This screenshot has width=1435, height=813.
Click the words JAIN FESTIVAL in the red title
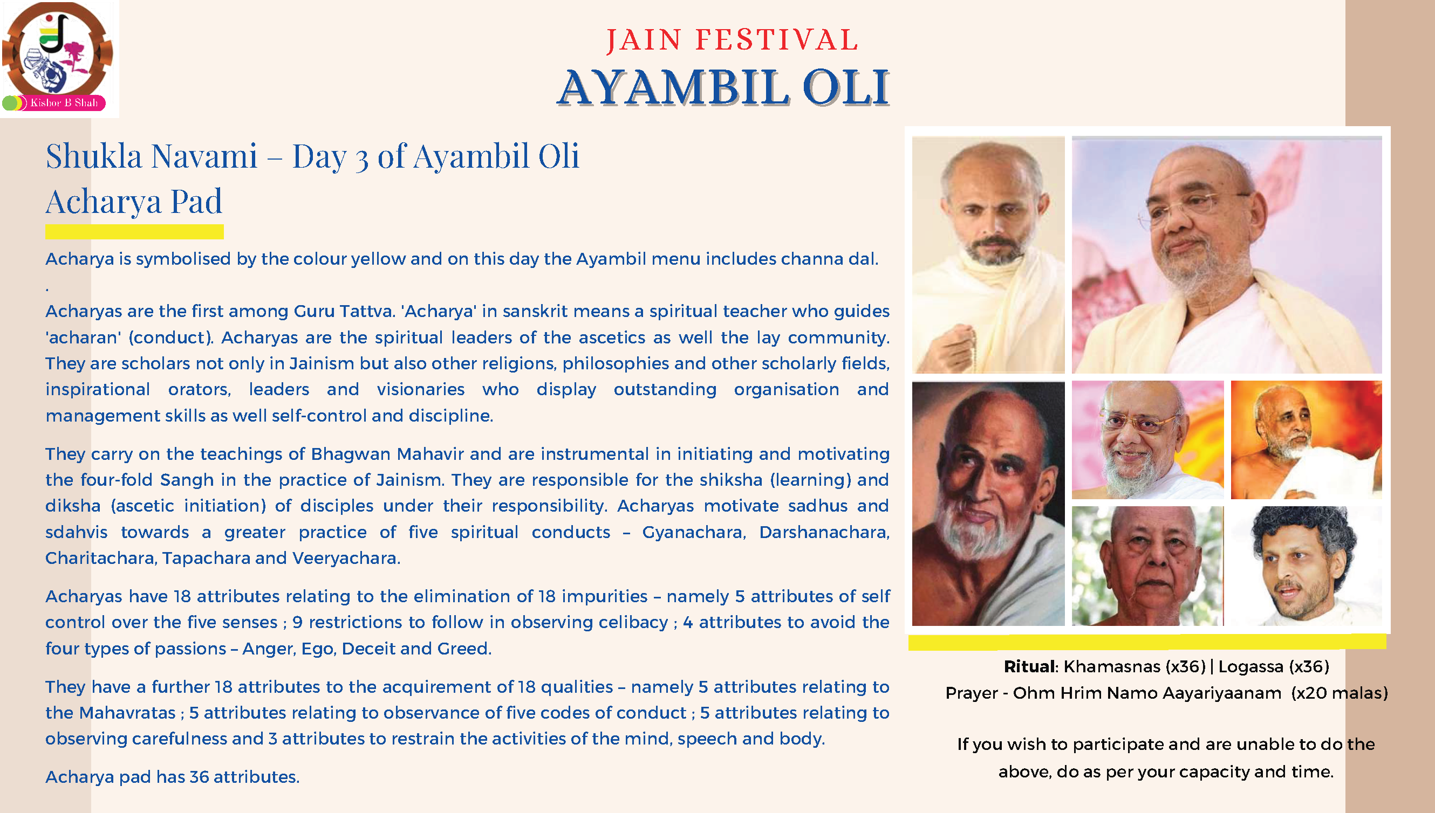pyautogui.click(x=732, y=40)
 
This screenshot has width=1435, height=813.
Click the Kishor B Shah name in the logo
pyautogui.click(x=64, y=103)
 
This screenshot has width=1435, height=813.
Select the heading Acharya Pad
pyautogui.click(x=134, y=201)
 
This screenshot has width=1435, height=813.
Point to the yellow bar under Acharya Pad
pyautogui.click(x=135, y=232)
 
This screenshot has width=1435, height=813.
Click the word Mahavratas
pyautogui.click(x=128, y=713)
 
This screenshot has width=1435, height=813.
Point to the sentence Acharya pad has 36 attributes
pyautogui.click(x=173, y=777)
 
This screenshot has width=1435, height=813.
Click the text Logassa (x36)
pyautogui.click(x=1274, y=667)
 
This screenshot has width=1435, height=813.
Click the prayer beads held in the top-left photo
pyautogui.click(x=969, y=349)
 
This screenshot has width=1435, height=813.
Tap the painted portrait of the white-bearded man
pyautogui.click(x=988, y=504)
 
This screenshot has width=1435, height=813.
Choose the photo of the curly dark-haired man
pyautogui.click(x=1307, y=566)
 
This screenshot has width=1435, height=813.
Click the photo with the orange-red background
pyautogui.click(x=1307, y=440)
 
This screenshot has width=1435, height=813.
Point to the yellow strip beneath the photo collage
pyautogui.click(x=1147, y=642)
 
